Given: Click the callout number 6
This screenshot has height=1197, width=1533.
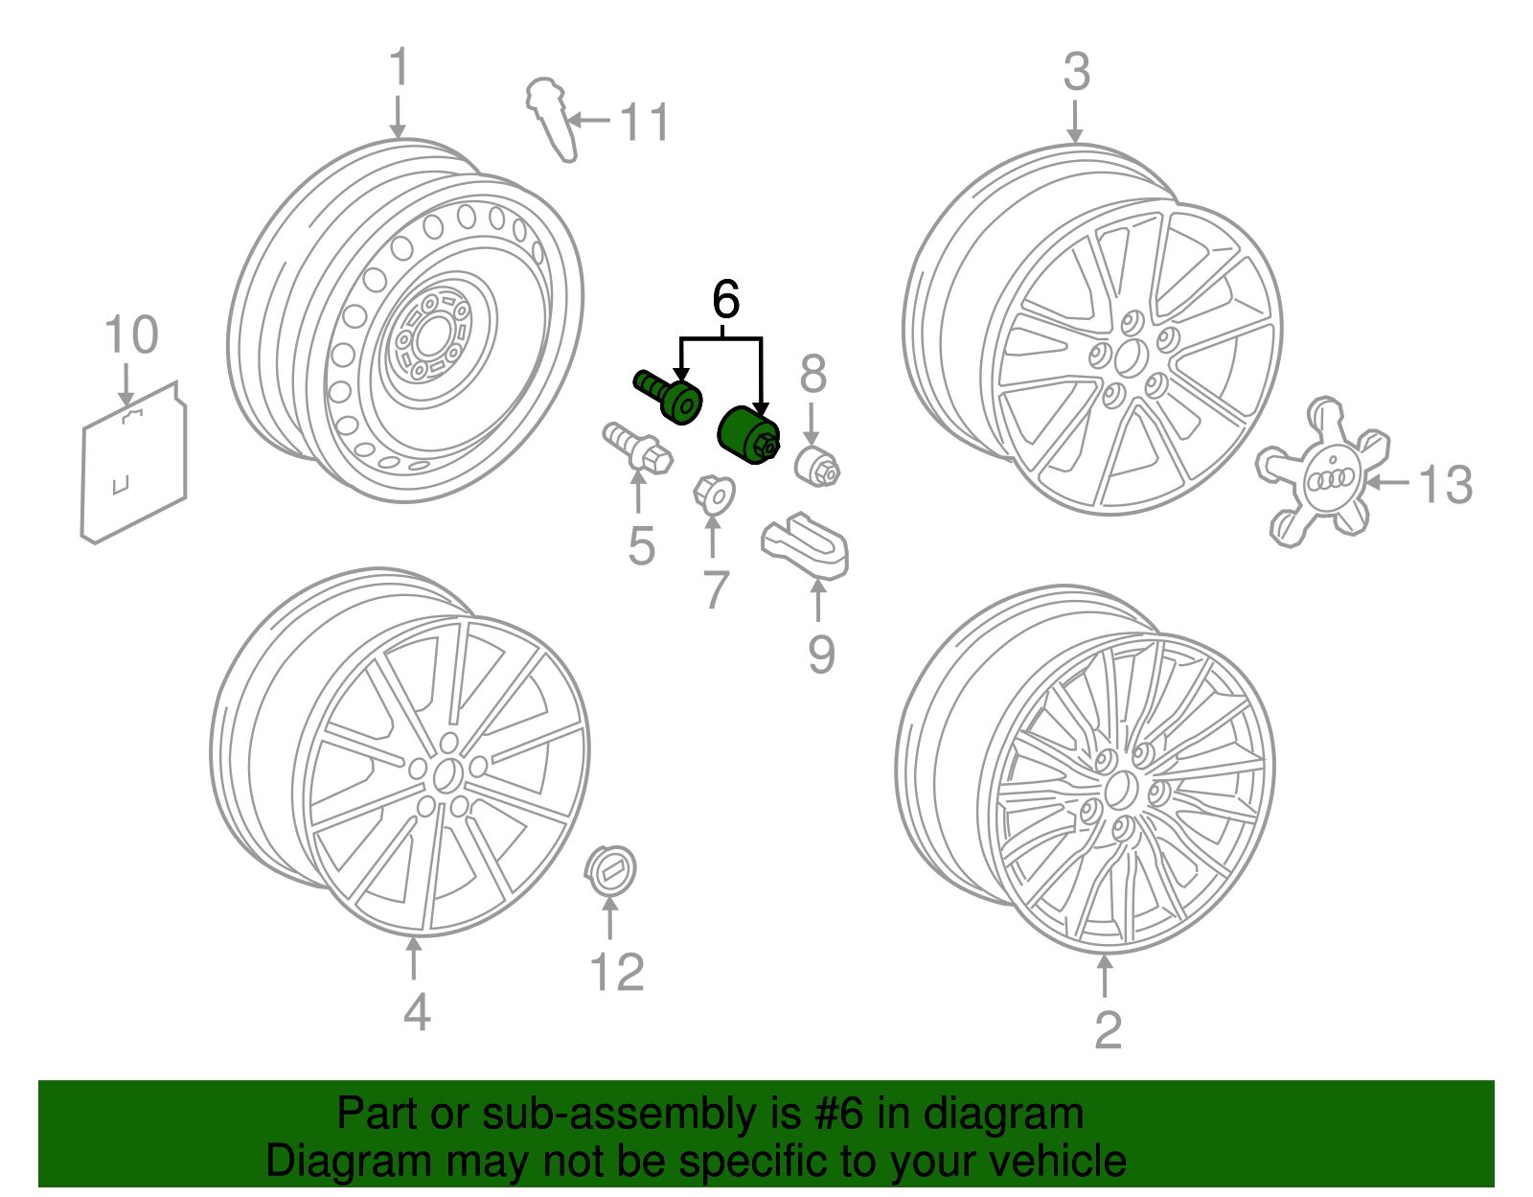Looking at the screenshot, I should pyautogui.click(x=725, y=300).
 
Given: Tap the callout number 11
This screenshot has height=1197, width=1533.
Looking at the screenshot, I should pyautogui.click(x=644, y=123).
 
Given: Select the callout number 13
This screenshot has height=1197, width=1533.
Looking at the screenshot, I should pyautogui.click(x=1444, y=484).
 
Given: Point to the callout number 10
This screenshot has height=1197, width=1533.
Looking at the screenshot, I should pyautogui.click(x=130, y=335).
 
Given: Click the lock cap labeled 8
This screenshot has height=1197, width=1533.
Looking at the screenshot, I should pyautogui.click(x=817, y=467).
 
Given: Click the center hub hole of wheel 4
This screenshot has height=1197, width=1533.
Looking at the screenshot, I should pyautogui.click(x=446, y=775).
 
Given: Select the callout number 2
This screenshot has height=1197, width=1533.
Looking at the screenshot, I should pyautogui.click(x=1108, y=1030).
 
